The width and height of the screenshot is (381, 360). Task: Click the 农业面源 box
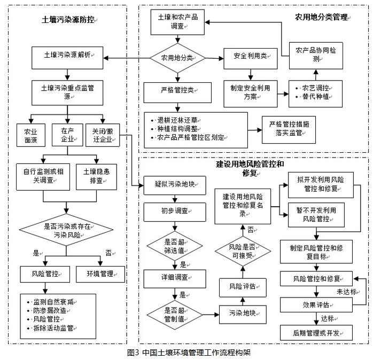(x=30, y=136)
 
